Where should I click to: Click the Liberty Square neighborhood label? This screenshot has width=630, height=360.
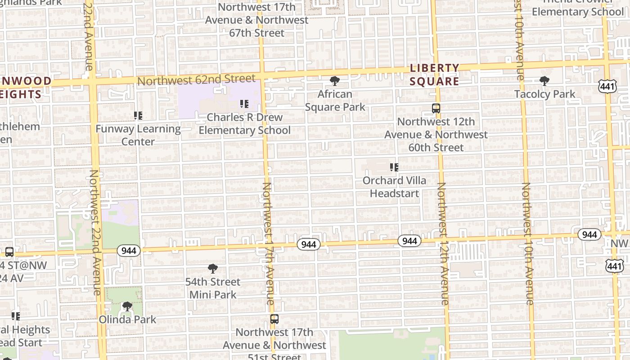coord(435,75)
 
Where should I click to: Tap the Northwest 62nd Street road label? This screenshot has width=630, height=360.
coord(196,80)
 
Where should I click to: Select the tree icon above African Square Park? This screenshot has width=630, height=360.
coord(334,81)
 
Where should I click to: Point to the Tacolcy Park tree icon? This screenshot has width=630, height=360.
coord(544,81)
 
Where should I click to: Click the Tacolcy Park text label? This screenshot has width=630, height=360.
coord(544,94)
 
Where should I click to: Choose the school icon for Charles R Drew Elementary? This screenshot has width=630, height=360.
coord(244,104)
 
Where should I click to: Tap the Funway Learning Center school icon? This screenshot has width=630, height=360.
coord(138,116)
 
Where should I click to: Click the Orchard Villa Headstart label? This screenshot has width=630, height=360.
coord(394,187)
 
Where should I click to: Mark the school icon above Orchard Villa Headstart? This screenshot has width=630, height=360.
coord(394,167)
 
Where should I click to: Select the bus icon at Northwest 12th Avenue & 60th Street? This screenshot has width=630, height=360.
coord(436,108)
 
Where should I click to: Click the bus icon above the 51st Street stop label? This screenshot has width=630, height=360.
coord(274,319)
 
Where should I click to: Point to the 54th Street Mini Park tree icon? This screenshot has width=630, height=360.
coord(213,269)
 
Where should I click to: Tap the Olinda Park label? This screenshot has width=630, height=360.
coord(127,319)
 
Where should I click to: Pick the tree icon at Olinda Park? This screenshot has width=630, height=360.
coord(127,306)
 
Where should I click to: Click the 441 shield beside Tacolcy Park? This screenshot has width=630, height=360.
coord(607,86)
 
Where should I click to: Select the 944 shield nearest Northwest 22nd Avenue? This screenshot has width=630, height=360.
coord(129,251)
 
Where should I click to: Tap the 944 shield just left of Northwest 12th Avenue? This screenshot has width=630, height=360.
coord(409,241)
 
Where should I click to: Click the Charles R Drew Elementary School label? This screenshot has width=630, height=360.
coord(244,124)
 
